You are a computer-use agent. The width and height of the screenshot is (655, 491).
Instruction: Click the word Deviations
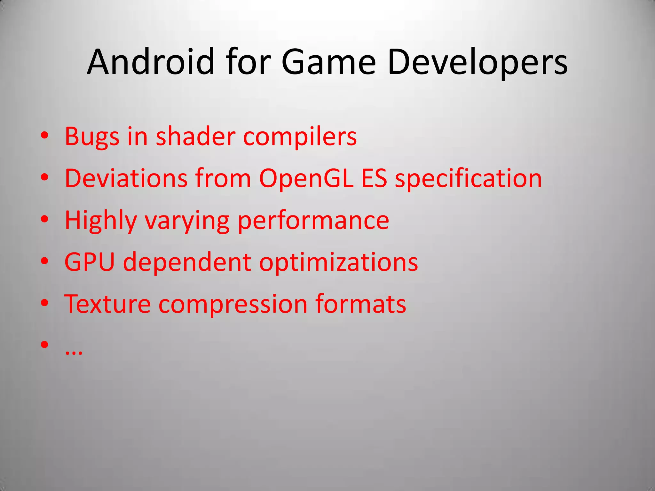[x=126, y=178]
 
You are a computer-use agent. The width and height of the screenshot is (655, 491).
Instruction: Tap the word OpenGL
[x=306, y=178]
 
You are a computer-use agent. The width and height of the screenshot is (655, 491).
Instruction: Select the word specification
[x=468, y=179]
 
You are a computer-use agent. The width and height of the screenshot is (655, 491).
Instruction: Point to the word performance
[x=313, y=221]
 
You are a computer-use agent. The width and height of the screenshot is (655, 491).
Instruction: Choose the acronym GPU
[x=90, y=262]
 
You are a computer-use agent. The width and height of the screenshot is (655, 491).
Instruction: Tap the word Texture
[x=107, y=304]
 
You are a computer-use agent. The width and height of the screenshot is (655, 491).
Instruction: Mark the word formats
[x=360, y=304]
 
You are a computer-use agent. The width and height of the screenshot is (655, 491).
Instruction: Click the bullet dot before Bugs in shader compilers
[x=45, y=136]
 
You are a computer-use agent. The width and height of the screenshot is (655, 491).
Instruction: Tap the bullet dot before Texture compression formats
[x=45, y=303]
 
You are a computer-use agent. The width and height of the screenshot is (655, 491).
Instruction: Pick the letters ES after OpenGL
[x=374, y=178]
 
